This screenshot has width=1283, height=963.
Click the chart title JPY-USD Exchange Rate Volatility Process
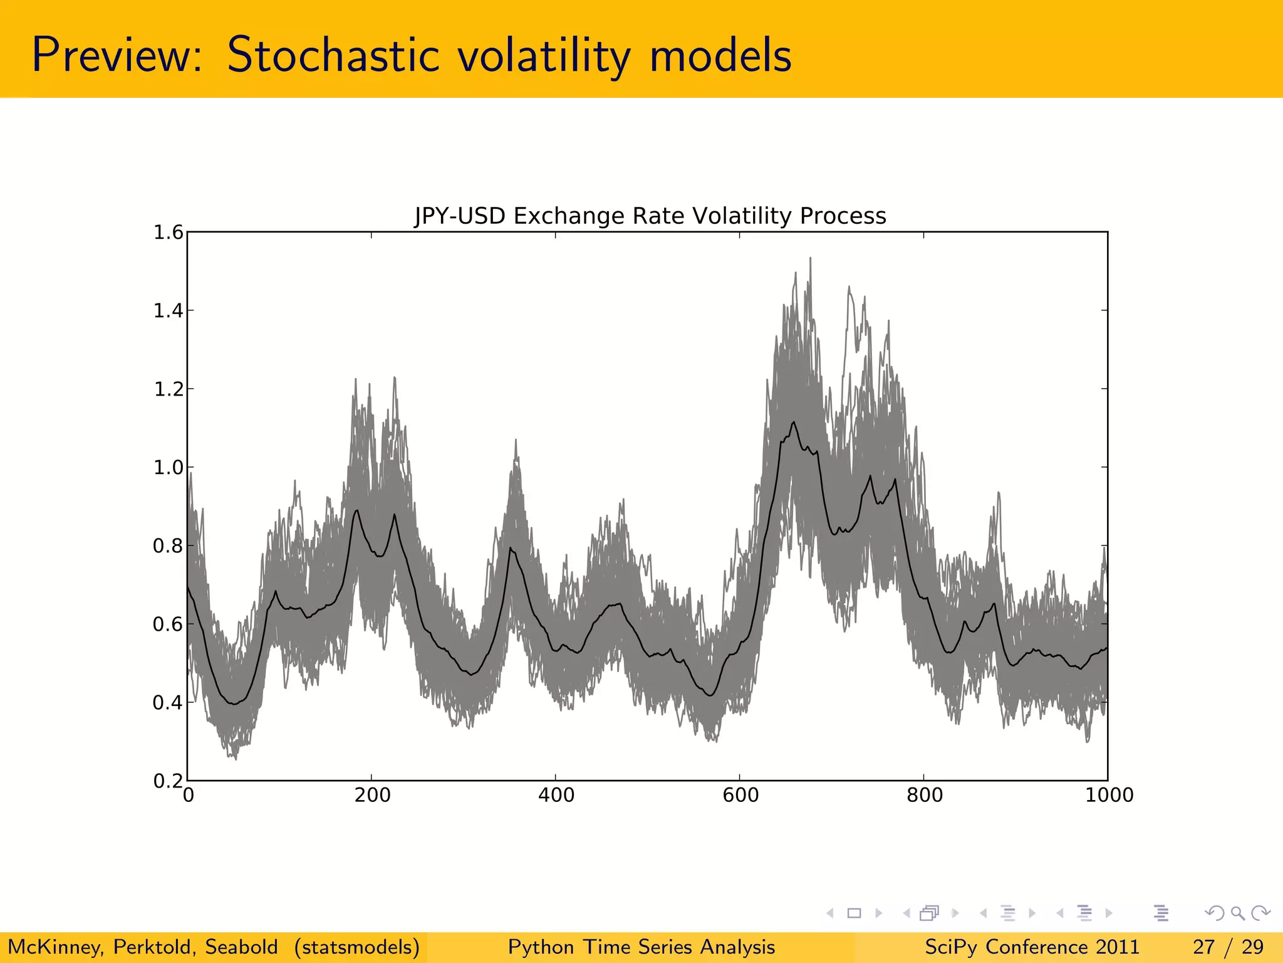coord(650,216)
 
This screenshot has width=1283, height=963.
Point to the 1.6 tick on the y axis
coord(168,233)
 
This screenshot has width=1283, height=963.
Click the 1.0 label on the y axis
coord(168,468)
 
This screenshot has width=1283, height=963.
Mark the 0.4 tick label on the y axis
coord(168,703)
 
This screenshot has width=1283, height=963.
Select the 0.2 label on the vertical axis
coord(168,781)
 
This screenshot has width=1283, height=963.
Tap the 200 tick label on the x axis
coord(372,796)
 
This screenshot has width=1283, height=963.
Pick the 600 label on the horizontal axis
coord(740,796)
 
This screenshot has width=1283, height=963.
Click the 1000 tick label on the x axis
coord(1109,796)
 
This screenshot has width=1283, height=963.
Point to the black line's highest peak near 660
coord(794,423)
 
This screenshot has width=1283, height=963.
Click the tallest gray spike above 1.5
coord(810,260)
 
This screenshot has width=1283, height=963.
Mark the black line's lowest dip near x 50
coord(234,703)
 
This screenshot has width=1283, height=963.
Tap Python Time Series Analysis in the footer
coord(641,947)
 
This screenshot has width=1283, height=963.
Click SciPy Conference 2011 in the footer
coord(1032,947)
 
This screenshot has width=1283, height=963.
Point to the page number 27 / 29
coord(1228,947)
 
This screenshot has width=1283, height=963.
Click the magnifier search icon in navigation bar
coord(1237,913)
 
